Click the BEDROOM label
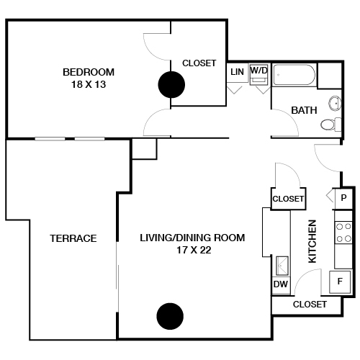pos(89,72)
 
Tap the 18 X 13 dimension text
pos(89,84)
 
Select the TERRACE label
pos(73,238)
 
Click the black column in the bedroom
pos(171,86)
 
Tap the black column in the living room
pos(169,315)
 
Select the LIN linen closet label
pos(237,72)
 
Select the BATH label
pos(304,110)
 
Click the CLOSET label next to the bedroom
pos(199,63)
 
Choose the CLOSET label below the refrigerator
pos(310,305)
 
